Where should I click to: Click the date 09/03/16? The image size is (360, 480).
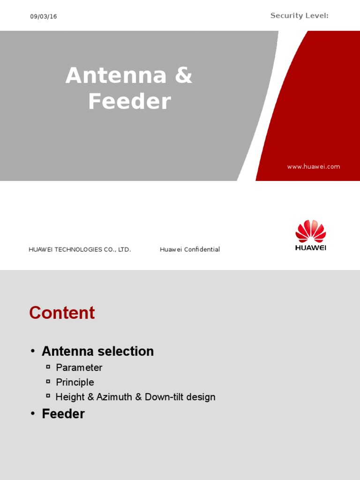[x=44, y=16]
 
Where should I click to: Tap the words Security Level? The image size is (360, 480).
[x=299, y=16]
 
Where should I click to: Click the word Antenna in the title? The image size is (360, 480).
[x=116, y=75]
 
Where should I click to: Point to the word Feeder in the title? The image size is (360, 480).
[x=129, y=101]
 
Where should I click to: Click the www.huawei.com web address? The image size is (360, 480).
[x=314, y=166]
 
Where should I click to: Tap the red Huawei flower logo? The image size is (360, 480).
[x=310, y=231]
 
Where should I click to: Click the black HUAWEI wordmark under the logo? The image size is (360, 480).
[x=310, y=247]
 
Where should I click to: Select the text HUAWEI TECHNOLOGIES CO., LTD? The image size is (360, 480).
[x=80, y=249]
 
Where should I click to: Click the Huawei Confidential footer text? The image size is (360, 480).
[x=190, y=249]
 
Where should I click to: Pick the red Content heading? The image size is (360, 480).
[x=62, y=313]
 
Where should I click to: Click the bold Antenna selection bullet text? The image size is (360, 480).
[x=97, y=351]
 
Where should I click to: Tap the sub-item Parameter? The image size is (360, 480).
[x=79, y=367]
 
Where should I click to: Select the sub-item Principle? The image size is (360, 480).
[x=75, y=382]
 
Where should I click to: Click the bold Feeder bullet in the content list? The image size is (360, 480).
[x=63, y=414]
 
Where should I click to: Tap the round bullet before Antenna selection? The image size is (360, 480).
[x=33, y=352]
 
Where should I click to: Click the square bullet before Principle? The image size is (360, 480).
[x=48, y=381]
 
